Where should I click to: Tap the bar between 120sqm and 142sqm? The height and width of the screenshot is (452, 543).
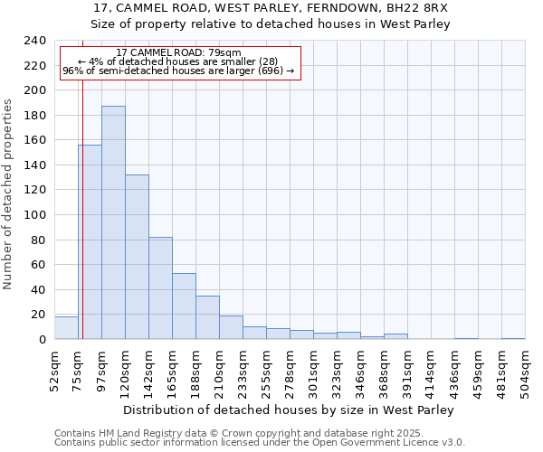(137, 257)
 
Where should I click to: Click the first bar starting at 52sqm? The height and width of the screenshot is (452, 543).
(66, 328)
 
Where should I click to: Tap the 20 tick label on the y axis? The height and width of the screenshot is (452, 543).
(38, 315)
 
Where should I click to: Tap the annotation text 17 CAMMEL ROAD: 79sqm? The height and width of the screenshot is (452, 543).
(179, 53)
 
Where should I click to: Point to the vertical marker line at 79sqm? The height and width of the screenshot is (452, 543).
(82, 226)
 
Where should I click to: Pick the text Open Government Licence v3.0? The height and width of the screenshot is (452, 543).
(397, 442)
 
